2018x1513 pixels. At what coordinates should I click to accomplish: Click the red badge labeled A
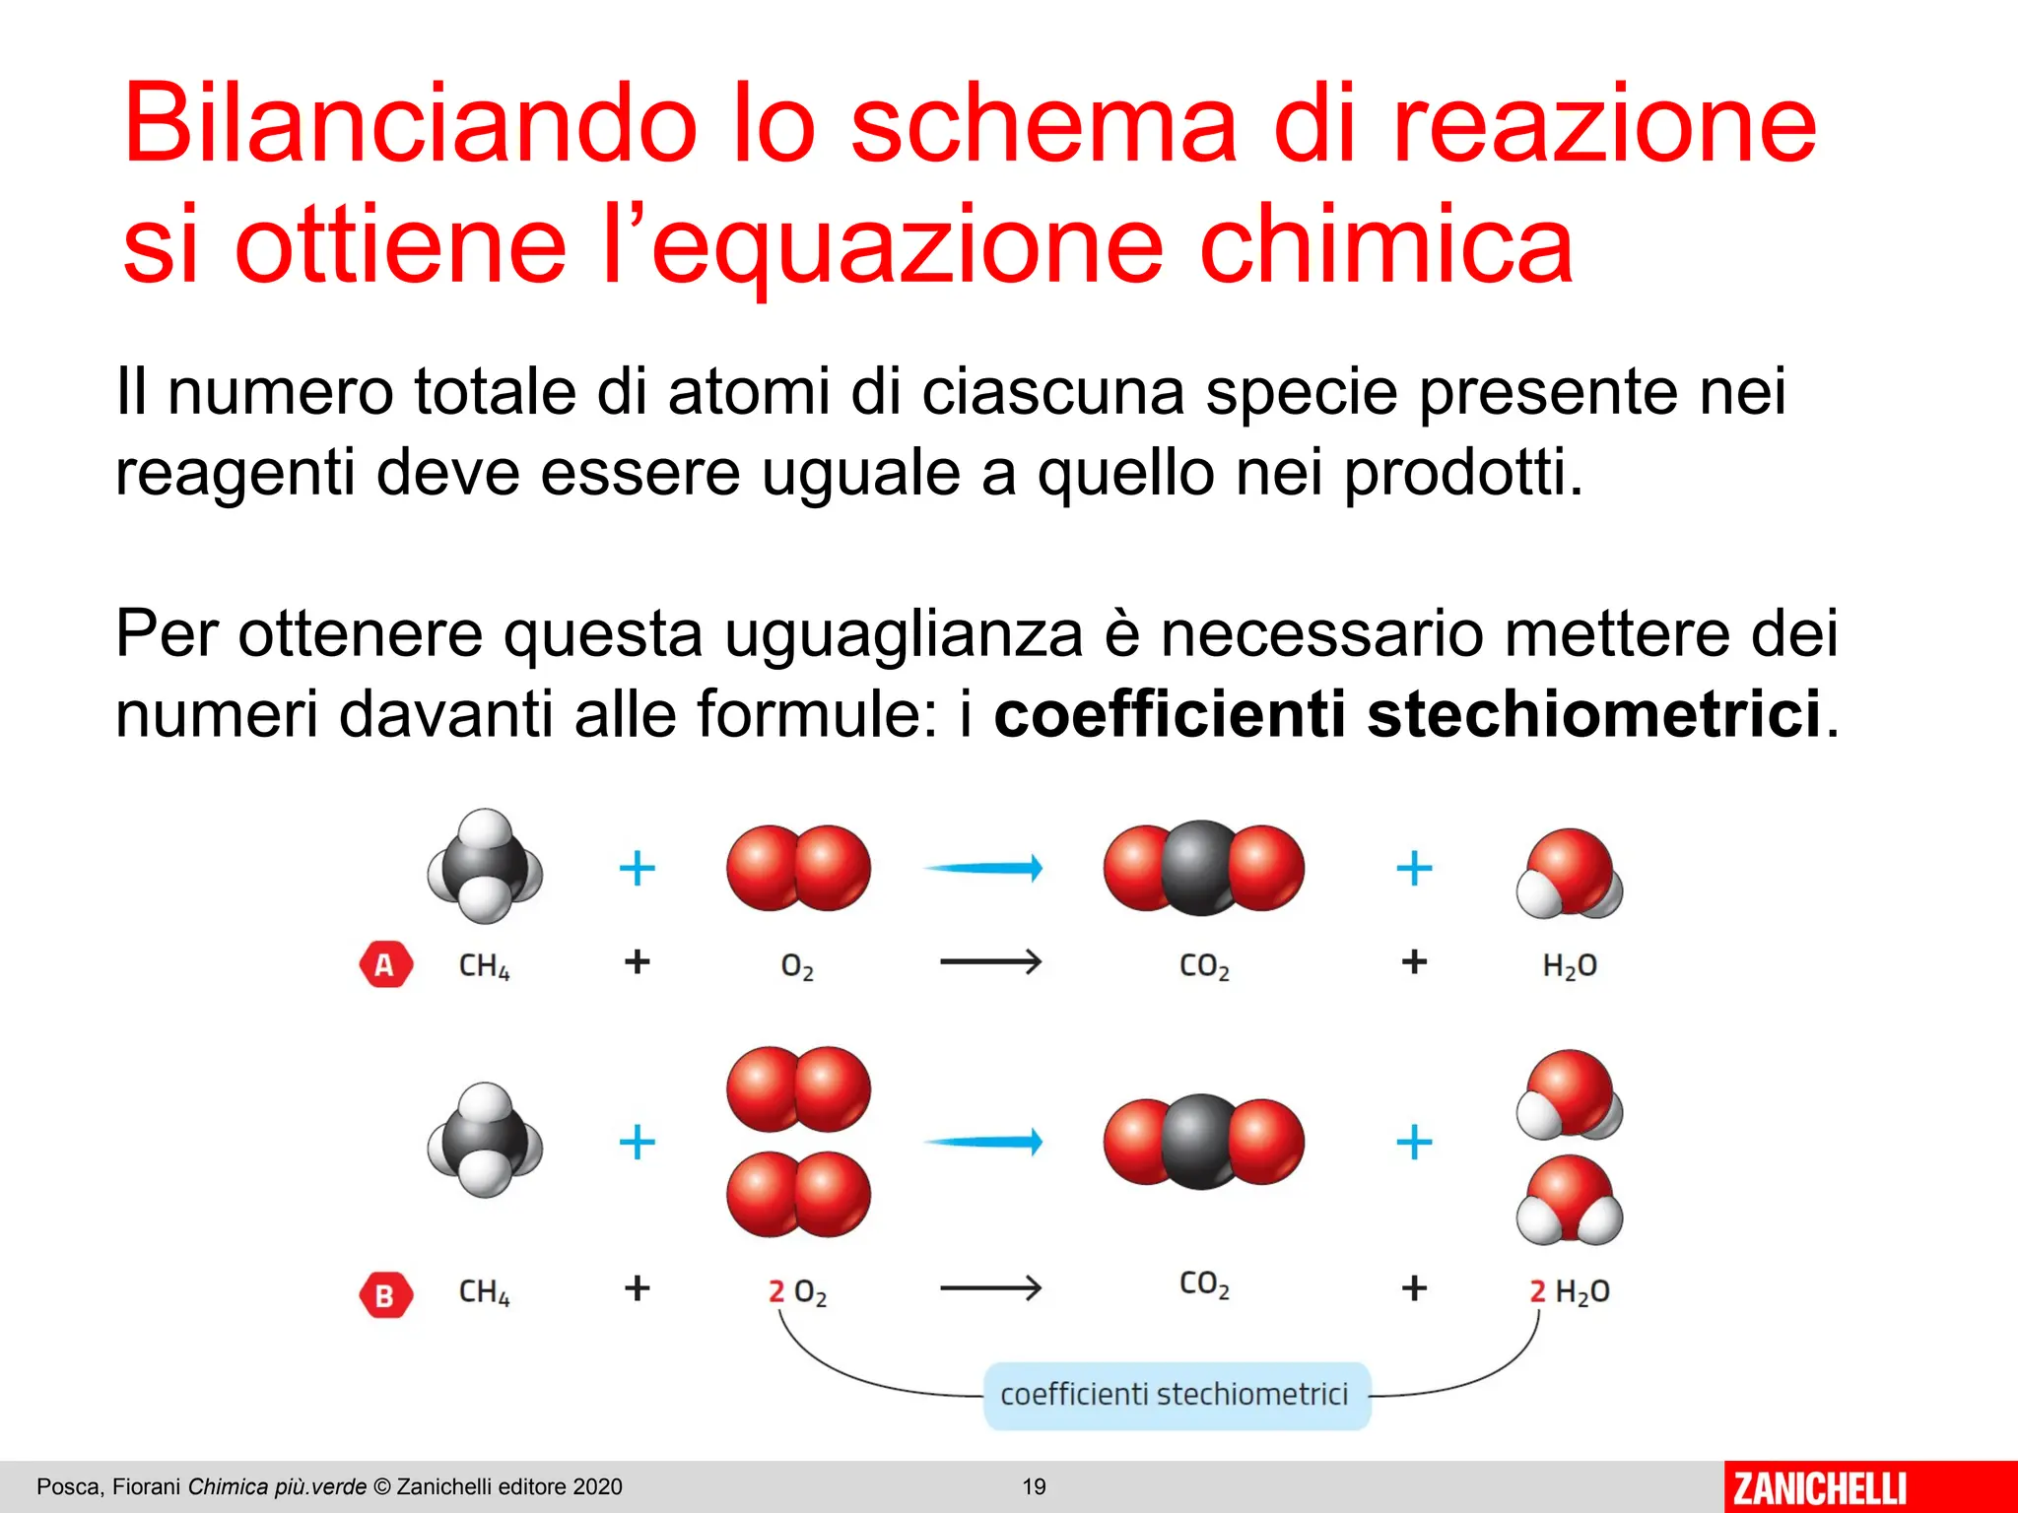(385, 964)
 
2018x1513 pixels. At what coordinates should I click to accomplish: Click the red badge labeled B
(385, 1294)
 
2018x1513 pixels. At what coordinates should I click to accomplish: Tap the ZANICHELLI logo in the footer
(1819, 1487)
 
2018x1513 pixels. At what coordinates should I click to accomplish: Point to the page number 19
(1034, 1486)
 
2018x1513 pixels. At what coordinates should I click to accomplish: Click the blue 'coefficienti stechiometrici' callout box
(1176, 1395)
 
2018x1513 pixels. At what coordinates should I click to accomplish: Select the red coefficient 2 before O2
(776, 1291)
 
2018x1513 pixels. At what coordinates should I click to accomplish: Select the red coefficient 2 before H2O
(1537, 1291)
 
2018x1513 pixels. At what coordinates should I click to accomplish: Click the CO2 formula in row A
(1204, 965)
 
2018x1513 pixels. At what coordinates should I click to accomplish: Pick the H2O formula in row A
(1569, 965)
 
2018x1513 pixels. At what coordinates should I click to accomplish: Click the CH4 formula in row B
(484, 1291)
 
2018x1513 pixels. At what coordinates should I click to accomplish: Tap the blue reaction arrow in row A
(983, 868)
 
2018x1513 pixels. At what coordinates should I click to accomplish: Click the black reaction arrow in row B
(990, 1287)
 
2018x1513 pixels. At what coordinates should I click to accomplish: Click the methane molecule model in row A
(485, 867)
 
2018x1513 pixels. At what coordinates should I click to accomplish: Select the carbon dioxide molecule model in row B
(1203, 1141)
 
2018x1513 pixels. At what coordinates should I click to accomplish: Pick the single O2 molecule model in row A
(798, 868)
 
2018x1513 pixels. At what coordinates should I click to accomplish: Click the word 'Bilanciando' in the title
(409, 124)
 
